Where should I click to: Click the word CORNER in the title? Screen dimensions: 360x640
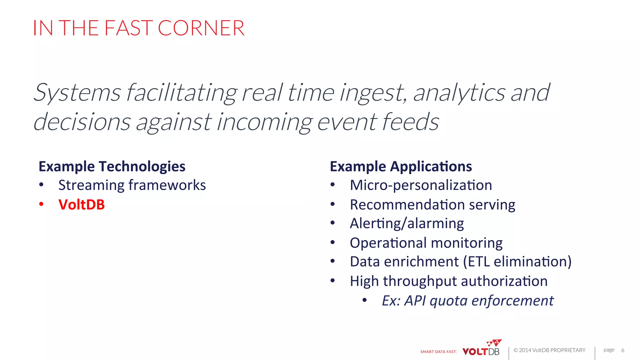(x=201, y=28)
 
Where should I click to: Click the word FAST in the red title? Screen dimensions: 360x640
(x=128, y=28)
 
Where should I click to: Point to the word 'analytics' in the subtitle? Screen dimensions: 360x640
(x=459, y=93)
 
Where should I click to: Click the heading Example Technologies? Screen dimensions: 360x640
(x=112, y=166)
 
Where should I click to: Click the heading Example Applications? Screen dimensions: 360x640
(x=401, y=166)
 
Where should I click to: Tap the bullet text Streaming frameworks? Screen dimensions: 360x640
(x=132, y=185)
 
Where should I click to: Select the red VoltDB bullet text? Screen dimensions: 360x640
(x=82, y=205)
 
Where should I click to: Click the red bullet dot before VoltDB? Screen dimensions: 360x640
(x=41, y=204)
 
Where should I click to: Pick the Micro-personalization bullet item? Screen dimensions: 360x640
(x=421, y=185)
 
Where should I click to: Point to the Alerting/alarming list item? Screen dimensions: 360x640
(x=407, y=223)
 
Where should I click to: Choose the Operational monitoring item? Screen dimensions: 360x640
(x=426, y=243)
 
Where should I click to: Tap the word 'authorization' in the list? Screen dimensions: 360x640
(x=504, y=281)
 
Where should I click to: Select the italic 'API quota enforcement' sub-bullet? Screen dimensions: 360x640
(x=478, y=301)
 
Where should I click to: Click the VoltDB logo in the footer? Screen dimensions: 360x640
(x=481, y=349)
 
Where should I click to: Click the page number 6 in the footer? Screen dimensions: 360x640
(x=622, y=350)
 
